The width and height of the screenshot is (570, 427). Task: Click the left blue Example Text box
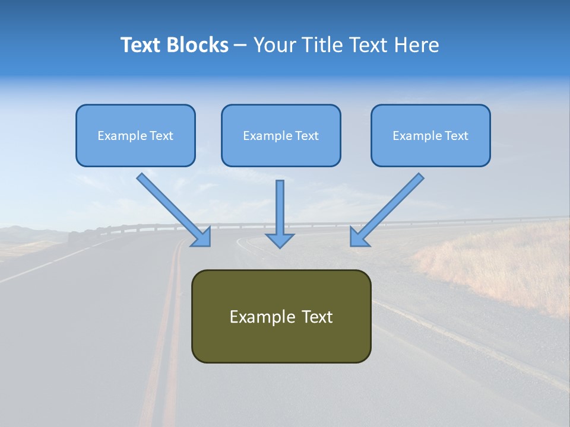[135, 135]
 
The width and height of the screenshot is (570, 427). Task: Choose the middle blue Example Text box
[281, 135]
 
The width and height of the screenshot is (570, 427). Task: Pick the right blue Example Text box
[430, 135]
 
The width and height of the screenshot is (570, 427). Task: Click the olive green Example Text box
[281, 316]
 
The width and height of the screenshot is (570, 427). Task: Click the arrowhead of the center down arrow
[280, 240]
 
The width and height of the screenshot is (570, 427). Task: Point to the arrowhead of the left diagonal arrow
[202, 237]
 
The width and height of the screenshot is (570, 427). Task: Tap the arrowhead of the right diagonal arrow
[359, 237]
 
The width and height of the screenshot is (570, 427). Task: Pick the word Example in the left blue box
[116, 136]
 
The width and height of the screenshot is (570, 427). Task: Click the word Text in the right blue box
[457, 136]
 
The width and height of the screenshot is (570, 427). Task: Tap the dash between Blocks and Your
[240, 46]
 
